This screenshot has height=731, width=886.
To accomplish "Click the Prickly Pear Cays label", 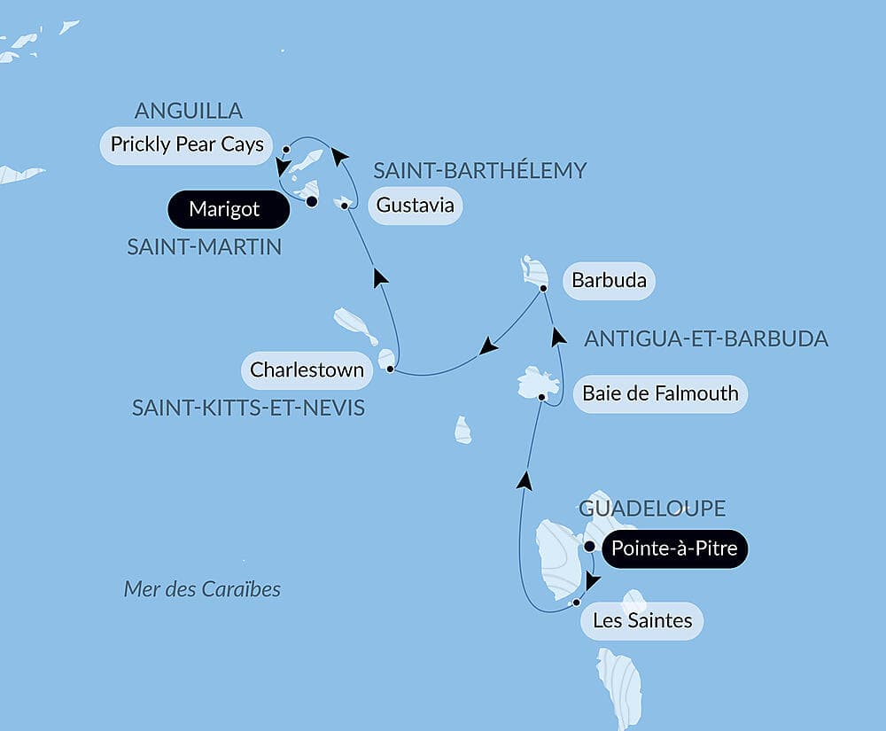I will pyautogui.click(x=187, y=144).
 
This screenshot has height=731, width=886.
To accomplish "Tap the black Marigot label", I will pyautogui.click(x=224, y=210).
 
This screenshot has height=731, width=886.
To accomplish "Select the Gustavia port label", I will pyautogui.click(x=415, y=206).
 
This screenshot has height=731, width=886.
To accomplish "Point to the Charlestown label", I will pyautogui.click(x=307, y=369).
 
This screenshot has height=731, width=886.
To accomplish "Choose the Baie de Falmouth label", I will pyautogui.click(x=660, y=393).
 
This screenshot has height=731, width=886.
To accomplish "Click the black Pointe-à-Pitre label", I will pyautogui.click(x=674, y=549).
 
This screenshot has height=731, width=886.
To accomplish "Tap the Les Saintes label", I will pyautogui.click(x=642, y=620).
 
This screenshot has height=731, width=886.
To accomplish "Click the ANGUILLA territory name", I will pyautogui.click(x=188, y=111).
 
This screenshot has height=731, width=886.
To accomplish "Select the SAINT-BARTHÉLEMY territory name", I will pyautogui.click(x=479, y=171).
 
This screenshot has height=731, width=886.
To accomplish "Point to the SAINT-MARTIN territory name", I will pyautogui.click(x=204, y=247).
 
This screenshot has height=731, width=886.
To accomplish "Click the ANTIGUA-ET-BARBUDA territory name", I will pyautogui.click(x=706, y=338).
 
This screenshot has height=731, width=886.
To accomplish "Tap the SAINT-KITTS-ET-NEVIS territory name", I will pyautogui.click(x=248, y=408).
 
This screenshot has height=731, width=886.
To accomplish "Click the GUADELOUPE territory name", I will pyautogui.click(x=652, y=509).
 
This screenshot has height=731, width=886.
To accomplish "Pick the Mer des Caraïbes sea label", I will pyautogui.click(x=202, y=589).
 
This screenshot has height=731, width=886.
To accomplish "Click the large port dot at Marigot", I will pyautogui.click(x=312, y=202).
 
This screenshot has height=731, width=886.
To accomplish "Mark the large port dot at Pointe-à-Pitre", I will pyautogui.click(x=589, y=546).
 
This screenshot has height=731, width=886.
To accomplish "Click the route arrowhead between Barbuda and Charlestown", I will pyautogui.click(x=488, y=346).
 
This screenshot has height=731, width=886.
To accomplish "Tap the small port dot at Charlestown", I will pyautogui.click(x=390, y=369).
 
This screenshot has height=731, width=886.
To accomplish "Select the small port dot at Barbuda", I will pyautogui.click(x=543, y=288).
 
